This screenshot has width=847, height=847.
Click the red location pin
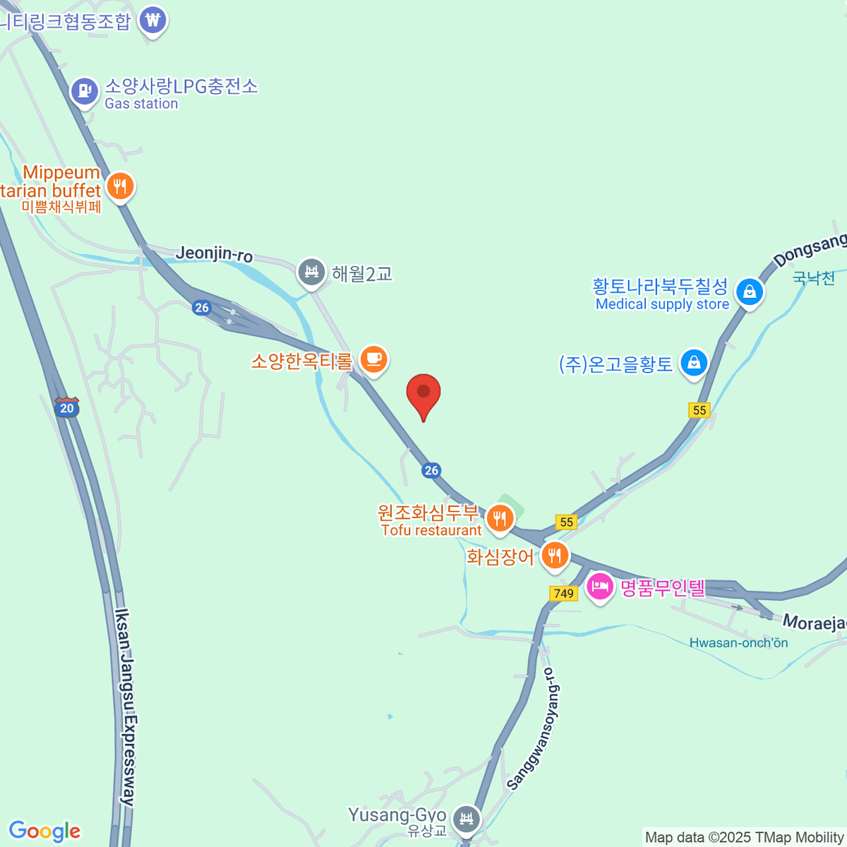423,393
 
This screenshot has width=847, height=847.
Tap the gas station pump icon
85,91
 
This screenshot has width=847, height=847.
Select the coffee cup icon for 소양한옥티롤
373,360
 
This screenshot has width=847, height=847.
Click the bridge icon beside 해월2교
311,272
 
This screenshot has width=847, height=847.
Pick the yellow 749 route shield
563,593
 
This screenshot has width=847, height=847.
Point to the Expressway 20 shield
67,407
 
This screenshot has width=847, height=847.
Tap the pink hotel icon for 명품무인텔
600,587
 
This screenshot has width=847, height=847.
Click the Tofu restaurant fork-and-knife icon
500,519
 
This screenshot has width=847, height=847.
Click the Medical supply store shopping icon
750,292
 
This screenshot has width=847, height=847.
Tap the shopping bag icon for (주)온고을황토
694,363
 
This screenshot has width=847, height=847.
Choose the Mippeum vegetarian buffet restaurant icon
121,187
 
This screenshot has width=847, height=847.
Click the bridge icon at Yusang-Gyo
466,819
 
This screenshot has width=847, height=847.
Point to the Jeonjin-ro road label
215,253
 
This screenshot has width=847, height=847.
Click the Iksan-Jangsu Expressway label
126,706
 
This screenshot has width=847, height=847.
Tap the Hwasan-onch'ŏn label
738,642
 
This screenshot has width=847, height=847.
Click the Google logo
44,831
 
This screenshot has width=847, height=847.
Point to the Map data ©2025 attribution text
744,837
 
